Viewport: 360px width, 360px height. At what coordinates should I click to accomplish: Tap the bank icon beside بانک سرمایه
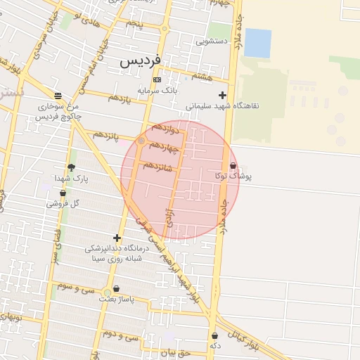157,80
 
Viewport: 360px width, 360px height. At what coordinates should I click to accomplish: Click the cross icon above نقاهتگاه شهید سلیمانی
223,95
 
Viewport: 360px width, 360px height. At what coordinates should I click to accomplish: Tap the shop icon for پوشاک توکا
233,166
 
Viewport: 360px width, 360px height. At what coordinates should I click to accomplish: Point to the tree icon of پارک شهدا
71,167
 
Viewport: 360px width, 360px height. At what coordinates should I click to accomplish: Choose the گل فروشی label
63,203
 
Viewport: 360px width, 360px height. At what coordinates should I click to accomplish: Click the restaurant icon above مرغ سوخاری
58,96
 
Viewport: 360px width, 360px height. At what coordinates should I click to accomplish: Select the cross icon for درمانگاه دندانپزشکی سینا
117,238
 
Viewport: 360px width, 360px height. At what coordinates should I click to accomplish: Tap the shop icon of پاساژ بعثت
116,288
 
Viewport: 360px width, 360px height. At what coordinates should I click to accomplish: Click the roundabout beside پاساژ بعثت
107,292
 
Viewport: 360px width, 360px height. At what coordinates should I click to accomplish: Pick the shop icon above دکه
214,336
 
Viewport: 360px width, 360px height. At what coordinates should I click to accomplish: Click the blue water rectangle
257,43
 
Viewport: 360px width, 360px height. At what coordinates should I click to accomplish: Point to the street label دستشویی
212,41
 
